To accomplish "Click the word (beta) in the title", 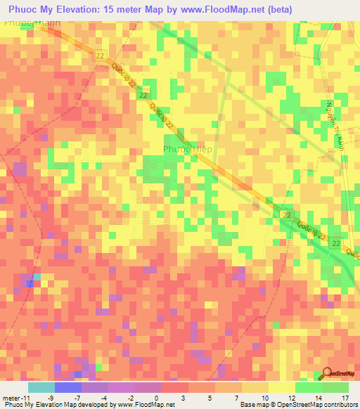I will [x=278, y=9].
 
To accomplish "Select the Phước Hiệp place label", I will [x=187, y=149].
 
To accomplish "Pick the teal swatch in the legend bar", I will [x=41, y=387].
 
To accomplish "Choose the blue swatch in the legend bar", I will [x=67, y=387].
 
